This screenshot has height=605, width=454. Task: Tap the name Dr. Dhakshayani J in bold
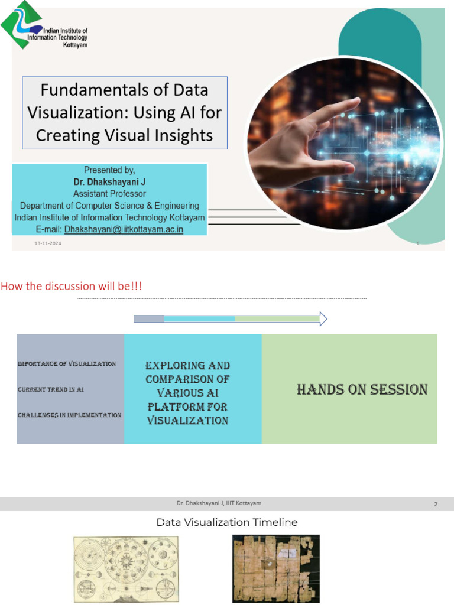point(109,182)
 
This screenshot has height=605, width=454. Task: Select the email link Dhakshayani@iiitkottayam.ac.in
point(124,229)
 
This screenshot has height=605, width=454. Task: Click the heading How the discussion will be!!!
point(72,287)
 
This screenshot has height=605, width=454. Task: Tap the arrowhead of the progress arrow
point(323,319)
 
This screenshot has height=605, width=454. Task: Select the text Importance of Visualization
point(67,363)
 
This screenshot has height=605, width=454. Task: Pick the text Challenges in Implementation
point(70,415)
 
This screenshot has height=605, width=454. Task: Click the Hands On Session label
point(362,390)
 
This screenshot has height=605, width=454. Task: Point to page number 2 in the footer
point(436,504)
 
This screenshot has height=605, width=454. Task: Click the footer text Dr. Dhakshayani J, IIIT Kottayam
point(219,503)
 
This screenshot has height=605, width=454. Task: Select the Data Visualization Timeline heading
point(227,522)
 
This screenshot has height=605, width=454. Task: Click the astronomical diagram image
point(125,570)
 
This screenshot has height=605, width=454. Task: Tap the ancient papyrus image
point(276,568)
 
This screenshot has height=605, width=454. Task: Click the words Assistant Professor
point(109,194)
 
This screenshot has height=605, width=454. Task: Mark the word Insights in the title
point(181,135)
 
